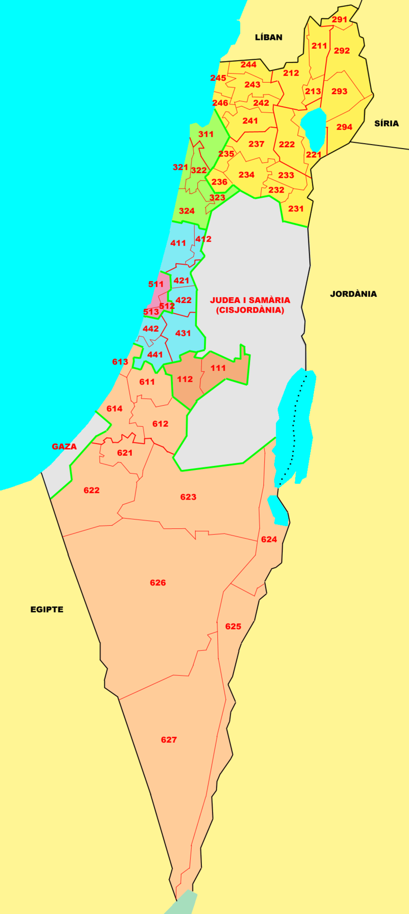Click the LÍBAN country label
pos(268,37)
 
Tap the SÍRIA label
pos(386,124)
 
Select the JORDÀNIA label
pos(353,294)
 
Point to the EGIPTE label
pos(47,610)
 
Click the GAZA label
pos(64,447)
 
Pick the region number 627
pos(169,740)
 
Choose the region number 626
pos(157,583)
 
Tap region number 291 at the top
pos(339,20)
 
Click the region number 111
pos(218,368)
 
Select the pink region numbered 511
pos(156,284)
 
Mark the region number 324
pos(187,211)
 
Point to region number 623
pos(188,497)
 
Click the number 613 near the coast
pos(120,362)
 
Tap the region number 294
pos(344,127)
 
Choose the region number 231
pos(296,208)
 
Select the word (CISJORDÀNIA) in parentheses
pos(250,310)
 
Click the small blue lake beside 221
pos(313,128)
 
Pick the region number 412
pos(203,239)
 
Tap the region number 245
pos(218,78)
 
